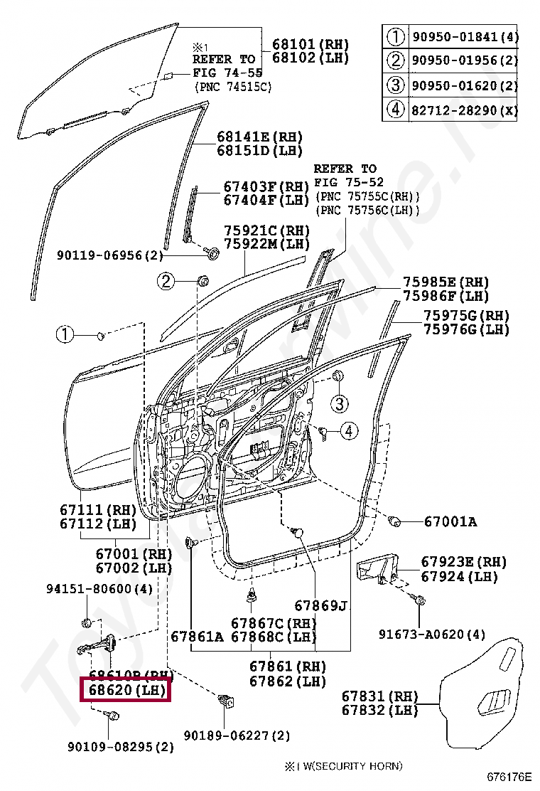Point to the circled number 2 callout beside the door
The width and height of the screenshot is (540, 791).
(166, 282)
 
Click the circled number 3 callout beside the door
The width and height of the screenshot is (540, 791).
(340, 404)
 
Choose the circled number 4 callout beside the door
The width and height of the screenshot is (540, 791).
(349, 430)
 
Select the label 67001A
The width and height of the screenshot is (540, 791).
(450, 522)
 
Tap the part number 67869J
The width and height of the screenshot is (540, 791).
(321, 606)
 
